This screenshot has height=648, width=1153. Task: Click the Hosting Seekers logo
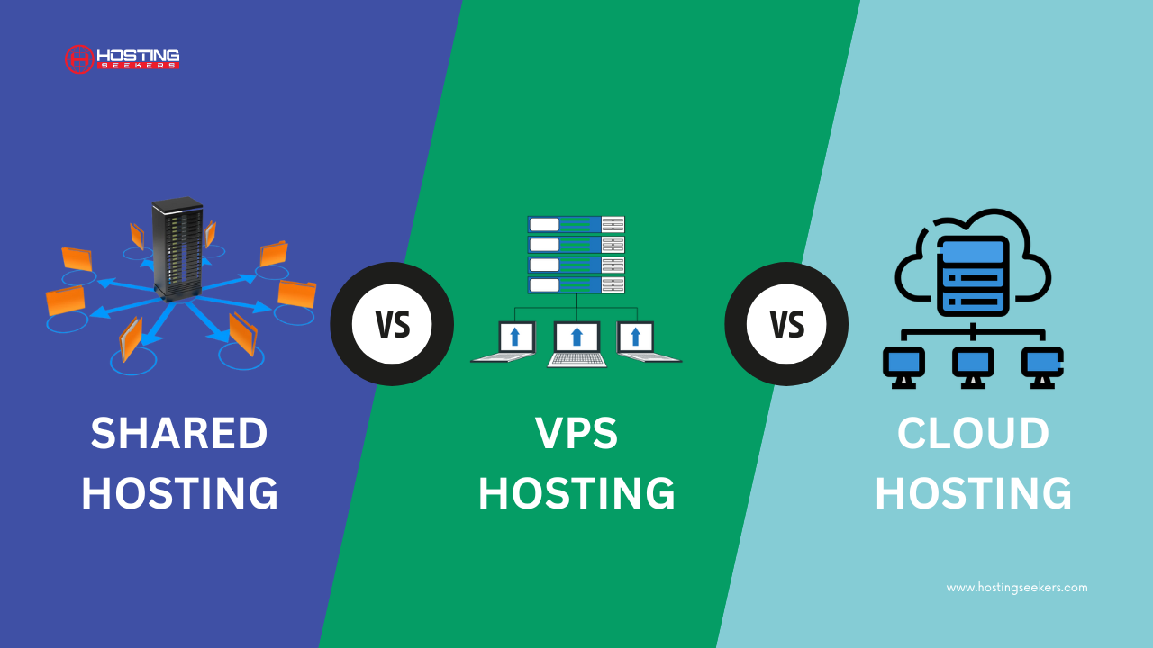click(123, 59)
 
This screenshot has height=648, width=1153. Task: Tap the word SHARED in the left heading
click(179, 435)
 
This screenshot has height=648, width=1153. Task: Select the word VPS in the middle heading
click(576, 435)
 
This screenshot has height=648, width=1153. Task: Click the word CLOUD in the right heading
click(973, 435)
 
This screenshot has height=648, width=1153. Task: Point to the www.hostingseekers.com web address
click(1016, 588)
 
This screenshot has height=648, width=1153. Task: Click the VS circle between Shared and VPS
click(392, 324)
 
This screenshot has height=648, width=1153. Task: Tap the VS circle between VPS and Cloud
click(786, 324)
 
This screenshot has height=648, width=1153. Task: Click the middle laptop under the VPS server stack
click(576, 343)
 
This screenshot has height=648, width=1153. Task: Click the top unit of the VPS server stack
click(576, 225)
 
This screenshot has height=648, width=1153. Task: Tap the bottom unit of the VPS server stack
click(576, 285)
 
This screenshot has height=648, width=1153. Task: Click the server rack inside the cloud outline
click(973, 275)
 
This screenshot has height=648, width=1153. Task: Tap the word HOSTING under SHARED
click(179, 494)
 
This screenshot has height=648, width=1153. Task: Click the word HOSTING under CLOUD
click(973, 494)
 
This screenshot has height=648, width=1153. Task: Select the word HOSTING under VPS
click(576, 494)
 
